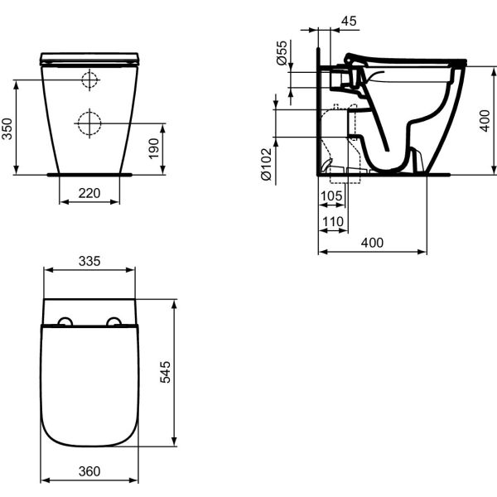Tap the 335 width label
coord(89,261)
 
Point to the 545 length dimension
coord(188,372)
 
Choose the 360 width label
coord(89,471)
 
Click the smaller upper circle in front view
coord(89,80)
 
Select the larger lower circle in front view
coord(89,123)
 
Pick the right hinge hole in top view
coord(114,321)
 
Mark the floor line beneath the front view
coord(89,175)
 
